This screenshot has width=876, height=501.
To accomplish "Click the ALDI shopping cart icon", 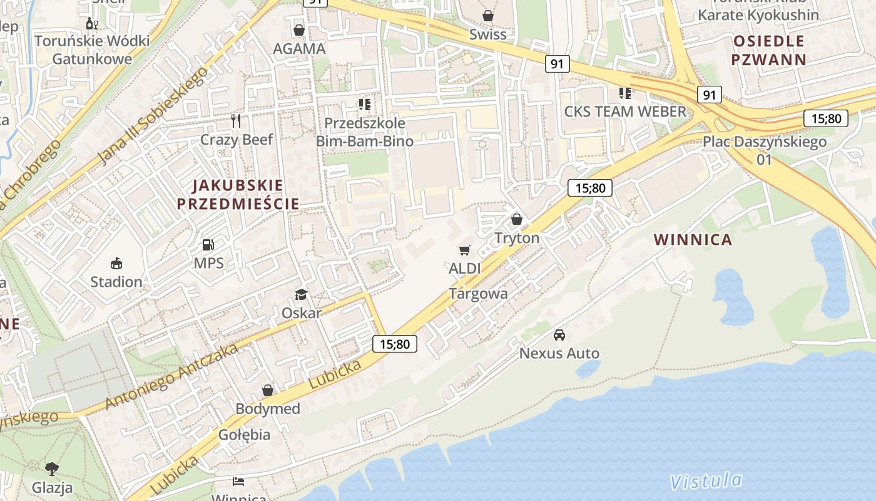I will click(x=464, y=250).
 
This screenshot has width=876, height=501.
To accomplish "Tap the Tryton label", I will click(x=517, y=238).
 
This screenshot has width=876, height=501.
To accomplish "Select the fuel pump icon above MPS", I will click(x=208, y=245).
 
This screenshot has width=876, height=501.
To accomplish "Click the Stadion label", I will click(x=116, y=282).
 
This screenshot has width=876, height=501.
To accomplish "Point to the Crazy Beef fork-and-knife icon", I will click(x=236, y=120).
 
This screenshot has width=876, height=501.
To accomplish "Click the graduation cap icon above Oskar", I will click(x=301, y=294).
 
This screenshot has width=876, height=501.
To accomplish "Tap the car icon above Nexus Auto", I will click(x=559, y=335).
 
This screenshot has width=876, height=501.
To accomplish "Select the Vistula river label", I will click(x=705, y=481).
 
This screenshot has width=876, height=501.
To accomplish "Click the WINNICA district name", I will click(x=693, y=239).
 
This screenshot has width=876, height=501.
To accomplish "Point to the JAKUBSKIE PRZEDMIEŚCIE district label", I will click(x=238, y=195).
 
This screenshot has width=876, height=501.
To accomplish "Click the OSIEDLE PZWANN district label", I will click(x=769, y=51).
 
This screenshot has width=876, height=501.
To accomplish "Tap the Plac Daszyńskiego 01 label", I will click(x=764, y=150).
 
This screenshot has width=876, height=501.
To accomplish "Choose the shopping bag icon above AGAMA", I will click(x=299, y=30).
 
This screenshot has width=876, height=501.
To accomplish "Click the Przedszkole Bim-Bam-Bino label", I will click(x=364, y=132).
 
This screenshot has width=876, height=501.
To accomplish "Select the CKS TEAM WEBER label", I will click(x=625, y=111).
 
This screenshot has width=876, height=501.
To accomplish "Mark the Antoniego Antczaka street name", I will click(x=171, y=376).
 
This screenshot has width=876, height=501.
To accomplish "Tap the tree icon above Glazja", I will click(x=52, y=468).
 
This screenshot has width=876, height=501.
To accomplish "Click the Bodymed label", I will click(x=268, y=409).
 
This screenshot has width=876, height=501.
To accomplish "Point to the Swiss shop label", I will click(x=487, y=34).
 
